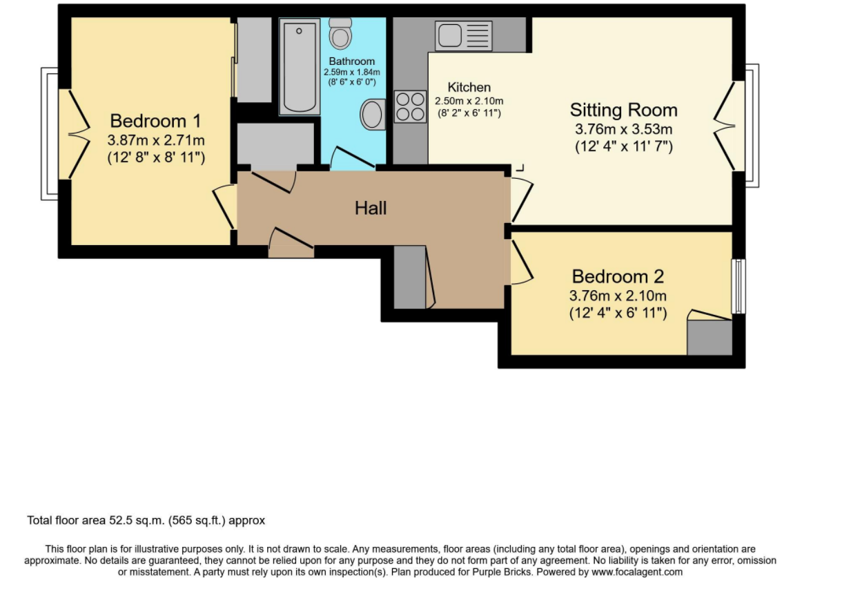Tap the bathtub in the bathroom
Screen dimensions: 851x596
click(300, 66)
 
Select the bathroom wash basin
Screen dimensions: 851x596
click(372, 115)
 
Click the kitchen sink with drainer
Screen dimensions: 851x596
click(464, 36)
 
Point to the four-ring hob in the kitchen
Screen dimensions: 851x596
click(410, 106)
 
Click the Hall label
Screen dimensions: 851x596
click(371, 209)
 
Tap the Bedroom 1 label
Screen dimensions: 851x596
click(155, 122)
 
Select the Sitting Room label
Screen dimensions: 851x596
click(623, 110)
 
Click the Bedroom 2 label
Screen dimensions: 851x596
click(618, 276)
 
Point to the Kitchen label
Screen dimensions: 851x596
click(469, 87)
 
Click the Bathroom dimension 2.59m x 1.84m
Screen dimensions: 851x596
click(352, 72)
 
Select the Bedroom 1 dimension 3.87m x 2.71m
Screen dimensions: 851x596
click(156, 140)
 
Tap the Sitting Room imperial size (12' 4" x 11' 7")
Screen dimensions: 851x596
click(624, 146)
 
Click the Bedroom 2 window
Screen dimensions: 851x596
click(738, 286)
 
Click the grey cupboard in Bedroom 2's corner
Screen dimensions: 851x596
click(710, 337)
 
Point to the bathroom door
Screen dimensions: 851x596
click(352, 157)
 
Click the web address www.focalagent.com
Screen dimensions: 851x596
click(637, 572)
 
